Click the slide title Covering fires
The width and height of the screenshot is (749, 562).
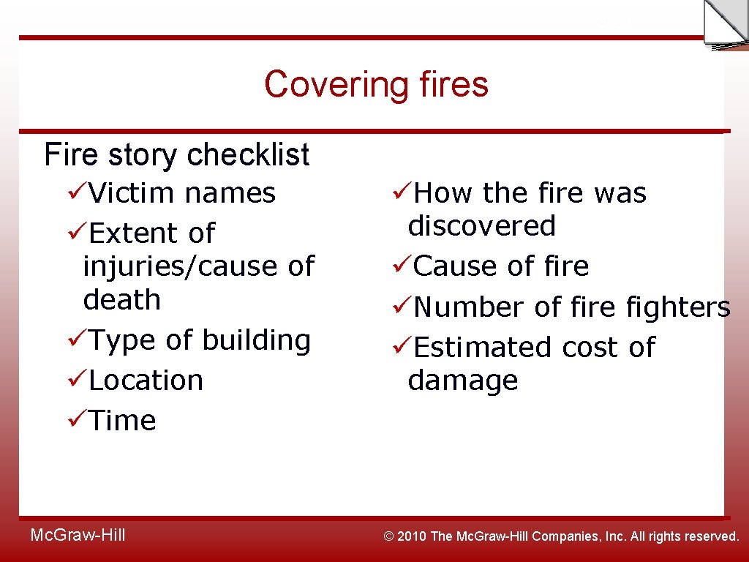(x=376, y=84)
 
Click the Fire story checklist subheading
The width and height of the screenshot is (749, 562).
(x=176, y=154)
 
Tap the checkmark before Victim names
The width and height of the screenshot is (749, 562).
(x=77, y=192)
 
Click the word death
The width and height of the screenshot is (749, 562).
(x=122, y=299)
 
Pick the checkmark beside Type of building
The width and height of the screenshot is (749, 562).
(x=77, y=340)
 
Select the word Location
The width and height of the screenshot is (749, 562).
(x=146, y=381)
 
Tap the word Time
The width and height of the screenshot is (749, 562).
(x=122, y=421)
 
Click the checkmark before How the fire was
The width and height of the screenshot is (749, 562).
(x=402, y=192)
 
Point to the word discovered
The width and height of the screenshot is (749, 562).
(x=482, y=226)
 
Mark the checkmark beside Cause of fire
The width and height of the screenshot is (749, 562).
(x=402, y=266)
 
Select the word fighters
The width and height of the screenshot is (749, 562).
(x=678, y=308)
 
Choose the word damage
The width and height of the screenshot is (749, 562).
(x=463, y=381)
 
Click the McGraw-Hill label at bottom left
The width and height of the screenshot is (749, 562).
(x=78, y=535)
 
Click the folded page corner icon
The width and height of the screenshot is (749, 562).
(x=725, y=25)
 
